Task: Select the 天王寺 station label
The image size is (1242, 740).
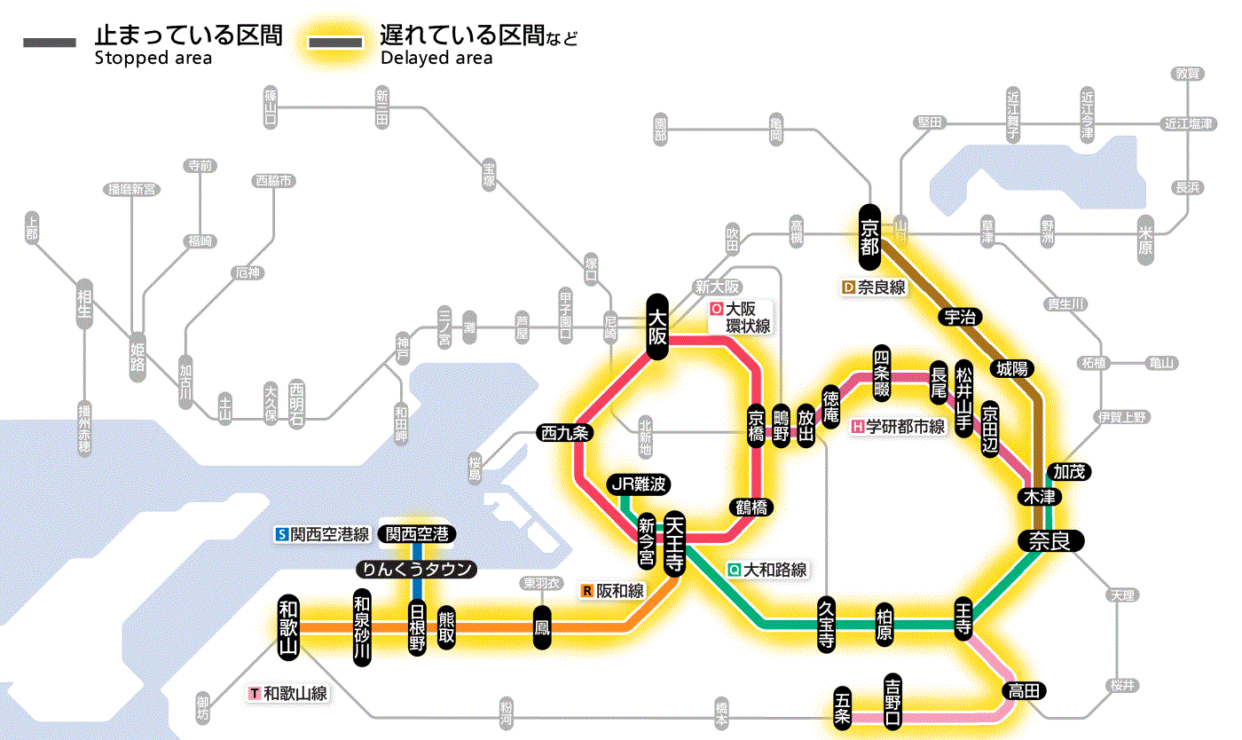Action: (673, 543)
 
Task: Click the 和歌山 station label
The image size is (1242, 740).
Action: (289, 626)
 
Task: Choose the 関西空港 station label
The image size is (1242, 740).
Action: (417, 534)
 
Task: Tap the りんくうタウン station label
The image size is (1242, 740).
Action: (416, 569)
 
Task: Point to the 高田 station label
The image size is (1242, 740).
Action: (1026, 690)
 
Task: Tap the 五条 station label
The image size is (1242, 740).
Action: (843, 708)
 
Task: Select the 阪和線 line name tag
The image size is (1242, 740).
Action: (614, 590)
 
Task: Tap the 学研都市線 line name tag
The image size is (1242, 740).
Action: (899, 427)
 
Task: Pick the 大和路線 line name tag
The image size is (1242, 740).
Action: (767, 570)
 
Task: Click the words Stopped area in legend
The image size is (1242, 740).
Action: (153, 59)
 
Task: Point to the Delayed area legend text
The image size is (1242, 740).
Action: (436, 59)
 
